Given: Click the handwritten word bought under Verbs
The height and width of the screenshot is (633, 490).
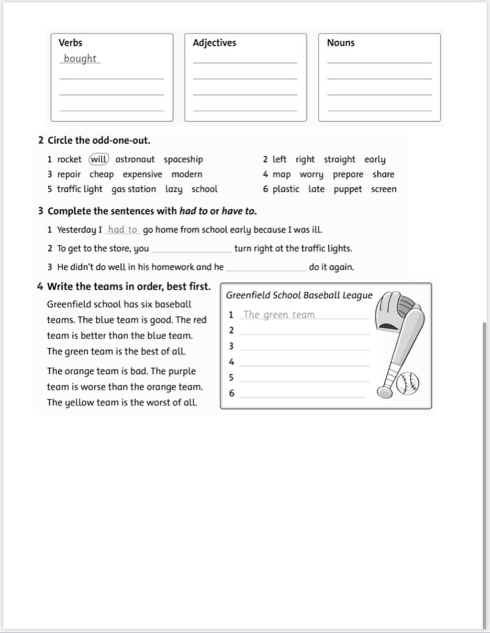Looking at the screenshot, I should click(80, 58).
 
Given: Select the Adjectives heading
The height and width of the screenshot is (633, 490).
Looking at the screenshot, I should click(214, 43).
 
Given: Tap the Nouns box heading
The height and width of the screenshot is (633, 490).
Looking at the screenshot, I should click(341, 43).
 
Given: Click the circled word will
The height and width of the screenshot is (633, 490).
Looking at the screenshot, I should click(99, 159).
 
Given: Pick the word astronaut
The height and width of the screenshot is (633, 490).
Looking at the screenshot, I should click(135, 159).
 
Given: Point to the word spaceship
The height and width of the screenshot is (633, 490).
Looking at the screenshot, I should click(183, 159).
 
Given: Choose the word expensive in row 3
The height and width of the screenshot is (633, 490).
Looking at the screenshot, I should click(142, 174).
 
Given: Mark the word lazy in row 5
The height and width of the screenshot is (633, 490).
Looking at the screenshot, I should click(174, 189).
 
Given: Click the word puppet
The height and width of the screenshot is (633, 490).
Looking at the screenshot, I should click(348, 189).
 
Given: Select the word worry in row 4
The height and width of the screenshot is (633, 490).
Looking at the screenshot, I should click(312, 174).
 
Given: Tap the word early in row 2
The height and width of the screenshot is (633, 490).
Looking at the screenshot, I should click(375, 159).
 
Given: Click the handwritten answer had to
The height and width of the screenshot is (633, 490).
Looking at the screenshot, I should click(122, 230).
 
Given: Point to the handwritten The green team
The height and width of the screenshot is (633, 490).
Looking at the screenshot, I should click(279, 314).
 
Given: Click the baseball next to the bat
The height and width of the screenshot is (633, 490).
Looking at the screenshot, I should click(408, 383).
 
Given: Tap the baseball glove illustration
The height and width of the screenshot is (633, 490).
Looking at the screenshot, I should click(395, 311).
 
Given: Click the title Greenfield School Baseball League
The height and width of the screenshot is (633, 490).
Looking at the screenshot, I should click(299, 295).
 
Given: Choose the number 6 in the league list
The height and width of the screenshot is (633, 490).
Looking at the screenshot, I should click(232, 393).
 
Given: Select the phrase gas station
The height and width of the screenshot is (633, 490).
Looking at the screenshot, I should click(134, 189).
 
